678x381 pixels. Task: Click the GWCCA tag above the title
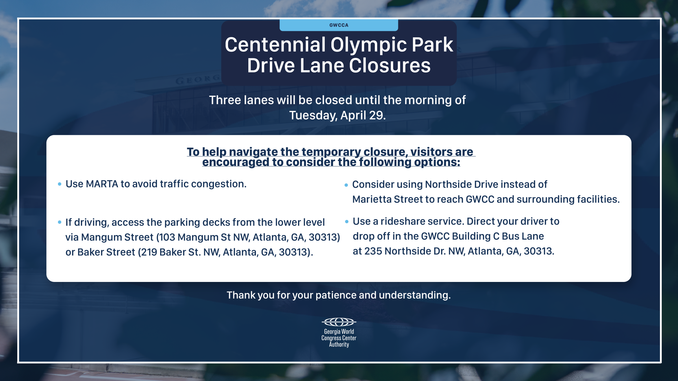[x=339, y=25]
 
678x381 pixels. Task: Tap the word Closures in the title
[x=390, y=65]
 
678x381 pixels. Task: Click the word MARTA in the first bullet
[x=102, y=184]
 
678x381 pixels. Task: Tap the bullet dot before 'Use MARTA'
[x=60, y=184]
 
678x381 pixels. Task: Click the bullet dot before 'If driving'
[x=60, y=222]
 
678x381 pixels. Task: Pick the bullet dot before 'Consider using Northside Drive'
[x=346, y=185]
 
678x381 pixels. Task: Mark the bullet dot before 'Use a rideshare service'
[x=347, y=222]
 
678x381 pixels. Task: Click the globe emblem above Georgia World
[x=339, y=322]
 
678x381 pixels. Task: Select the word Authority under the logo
[x=339, y=344]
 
